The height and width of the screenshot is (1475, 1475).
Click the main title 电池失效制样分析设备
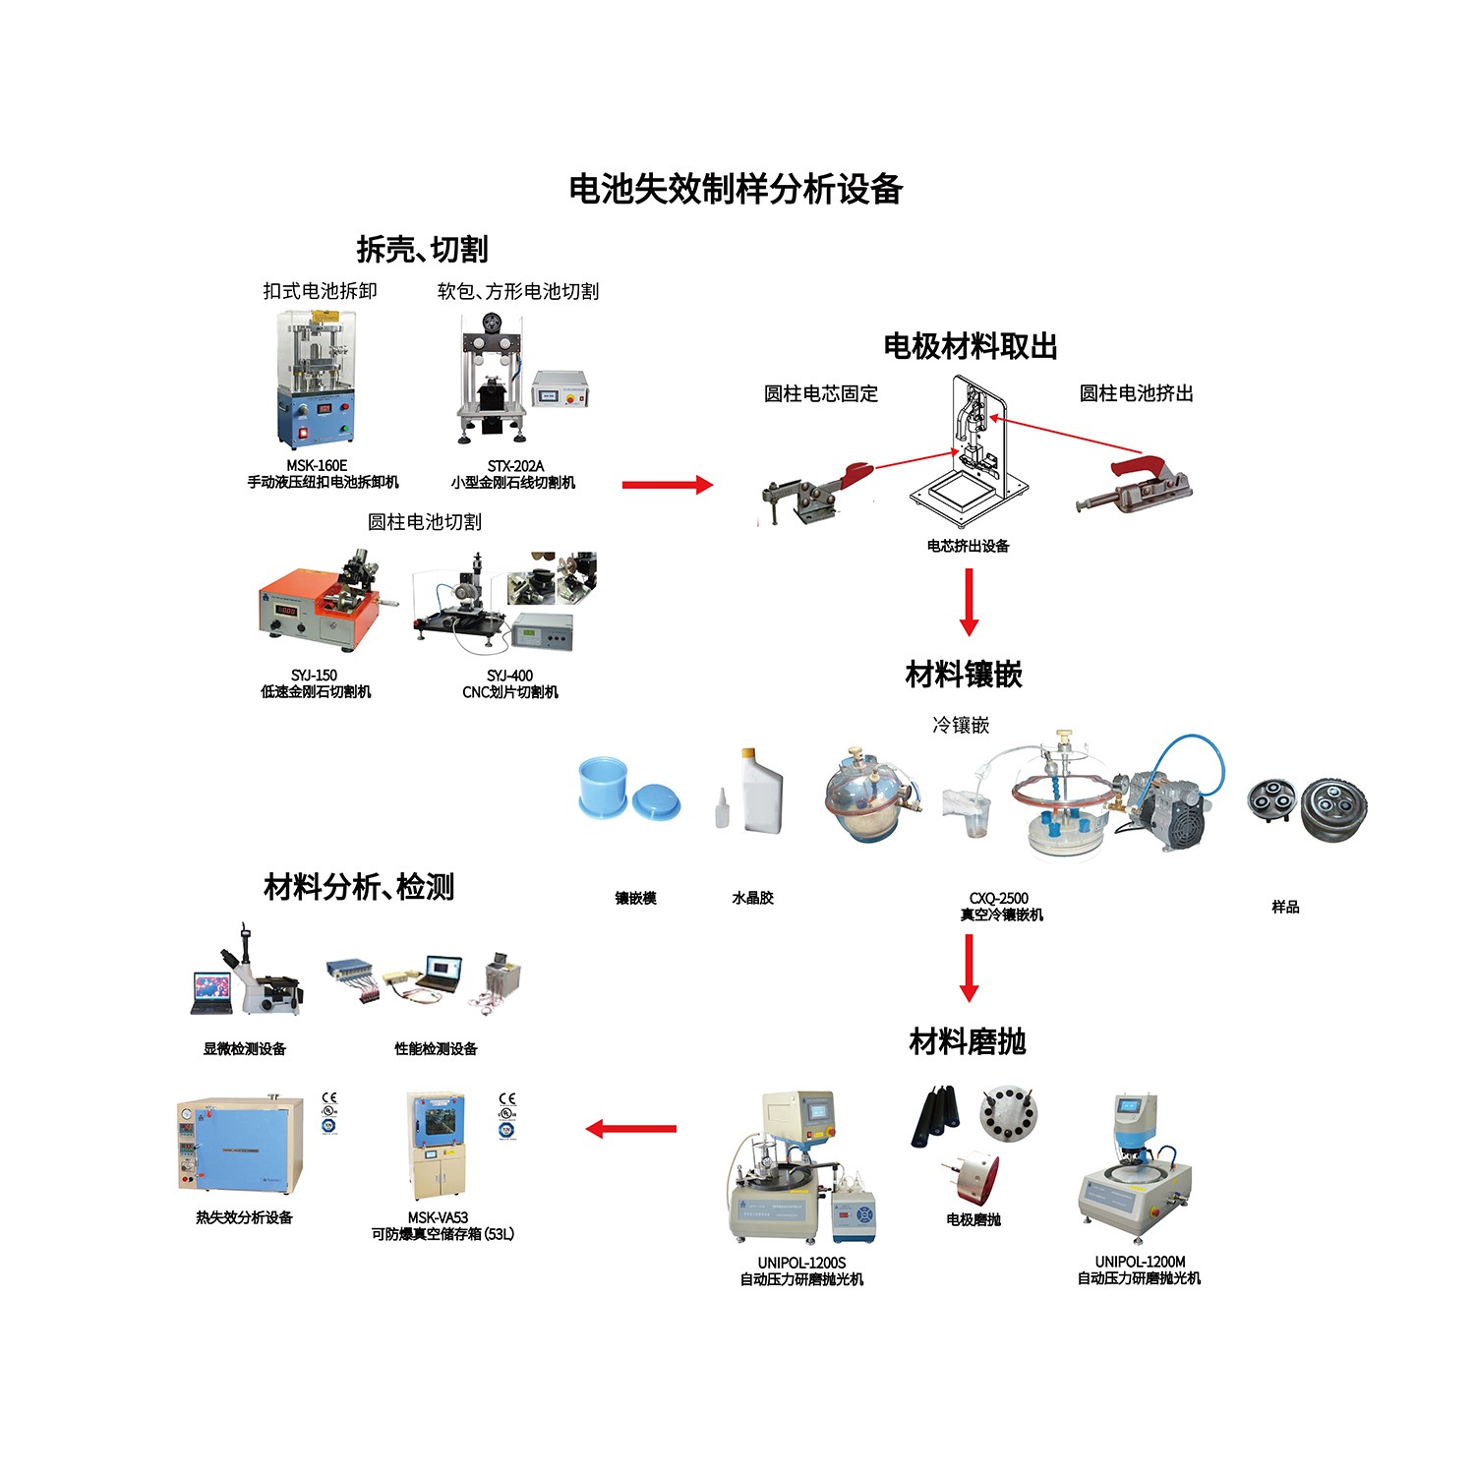click(x=736, y=189)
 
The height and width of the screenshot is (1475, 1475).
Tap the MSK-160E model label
click(x=317, y=465)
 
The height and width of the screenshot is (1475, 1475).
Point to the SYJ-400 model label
click(x=509, y=676)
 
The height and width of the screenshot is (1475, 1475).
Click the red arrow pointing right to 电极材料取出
click(x=667, y=484)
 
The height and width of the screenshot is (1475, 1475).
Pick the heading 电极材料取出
click(x=970, y=346)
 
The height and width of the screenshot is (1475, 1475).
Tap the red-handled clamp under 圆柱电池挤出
click(x=1135, y=484)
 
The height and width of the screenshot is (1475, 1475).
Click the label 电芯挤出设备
click(x=968, y=546)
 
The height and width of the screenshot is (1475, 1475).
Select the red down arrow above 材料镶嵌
click(x=969, y=602)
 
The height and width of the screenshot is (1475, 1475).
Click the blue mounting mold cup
click(x=603, y=786)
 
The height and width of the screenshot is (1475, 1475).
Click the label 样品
click(x=1285, y=907)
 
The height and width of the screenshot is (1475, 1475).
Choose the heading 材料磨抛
click(x=968, y=1040)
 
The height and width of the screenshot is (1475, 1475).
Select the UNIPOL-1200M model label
click(x=1140, y=1262)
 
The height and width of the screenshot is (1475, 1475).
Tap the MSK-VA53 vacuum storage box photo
click(x=438, y=1145)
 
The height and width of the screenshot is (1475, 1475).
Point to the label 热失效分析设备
click(x=244, y=1217)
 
